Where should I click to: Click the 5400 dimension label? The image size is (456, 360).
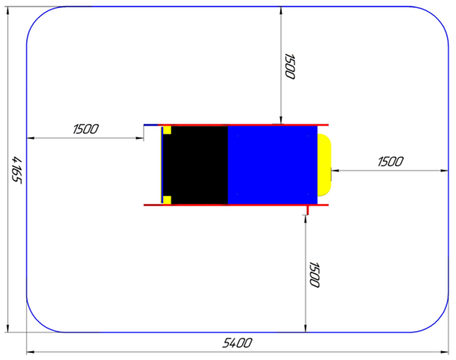[x=237, y=343]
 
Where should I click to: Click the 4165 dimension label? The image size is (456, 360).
[x=16, y=170]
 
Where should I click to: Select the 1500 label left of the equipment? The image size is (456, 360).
[x=86, y=129]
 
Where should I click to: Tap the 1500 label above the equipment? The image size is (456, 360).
[x=290, y=66]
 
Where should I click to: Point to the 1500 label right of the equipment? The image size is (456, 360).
[x=390, y=162]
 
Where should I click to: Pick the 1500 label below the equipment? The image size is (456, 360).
[x=314, y=274]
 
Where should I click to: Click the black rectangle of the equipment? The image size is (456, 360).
[x=199, y=165]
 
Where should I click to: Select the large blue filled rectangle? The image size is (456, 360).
[x=272, y=165]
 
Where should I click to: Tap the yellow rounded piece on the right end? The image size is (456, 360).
[x=324, y=165]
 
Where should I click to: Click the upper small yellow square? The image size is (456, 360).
[x=167, y=130]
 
